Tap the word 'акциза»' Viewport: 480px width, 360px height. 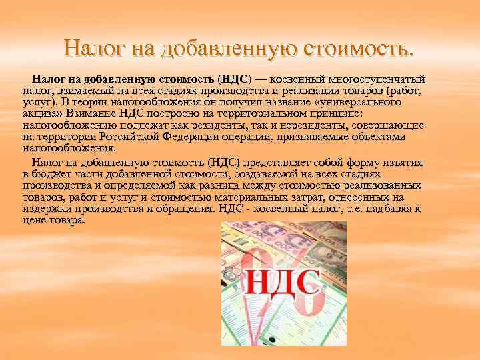tap(43, 113)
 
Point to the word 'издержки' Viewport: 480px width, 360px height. tap(47, 208)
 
